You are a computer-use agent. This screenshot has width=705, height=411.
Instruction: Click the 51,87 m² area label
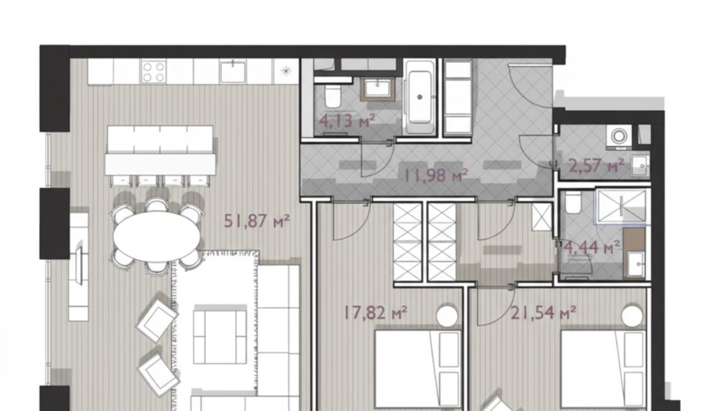257,221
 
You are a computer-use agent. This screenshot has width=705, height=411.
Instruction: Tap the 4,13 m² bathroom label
347,120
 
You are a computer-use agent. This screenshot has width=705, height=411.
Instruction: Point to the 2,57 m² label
596,165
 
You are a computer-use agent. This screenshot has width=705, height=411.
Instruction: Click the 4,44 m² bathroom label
592,246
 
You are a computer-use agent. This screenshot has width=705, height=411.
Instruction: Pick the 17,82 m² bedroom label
376,312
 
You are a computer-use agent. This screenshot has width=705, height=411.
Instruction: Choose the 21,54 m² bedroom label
544,312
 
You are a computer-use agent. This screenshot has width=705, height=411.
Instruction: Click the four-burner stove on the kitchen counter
154,72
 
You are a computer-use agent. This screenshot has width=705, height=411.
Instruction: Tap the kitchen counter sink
233,72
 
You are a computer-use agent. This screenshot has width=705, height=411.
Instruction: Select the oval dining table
156,236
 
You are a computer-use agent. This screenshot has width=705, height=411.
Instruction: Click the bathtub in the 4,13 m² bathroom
420,97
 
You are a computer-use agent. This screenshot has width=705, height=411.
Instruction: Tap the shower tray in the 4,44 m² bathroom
622,206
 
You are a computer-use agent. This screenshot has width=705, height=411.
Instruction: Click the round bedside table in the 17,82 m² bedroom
447,315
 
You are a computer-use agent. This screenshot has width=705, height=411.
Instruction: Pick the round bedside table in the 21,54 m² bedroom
633,315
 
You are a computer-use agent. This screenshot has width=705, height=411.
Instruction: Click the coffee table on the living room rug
220,335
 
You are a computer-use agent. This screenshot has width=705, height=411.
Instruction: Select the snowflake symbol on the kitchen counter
286,71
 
